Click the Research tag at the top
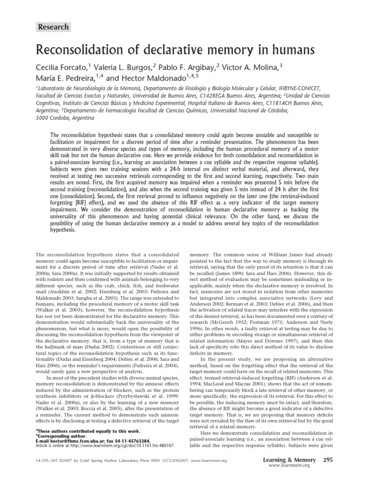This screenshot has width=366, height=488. [x=53, y=27]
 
